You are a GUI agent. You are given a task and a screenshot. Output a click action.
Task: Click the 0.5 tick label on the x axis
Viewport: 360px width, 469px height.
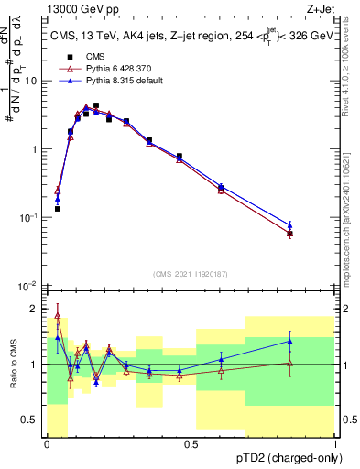click(191, 443)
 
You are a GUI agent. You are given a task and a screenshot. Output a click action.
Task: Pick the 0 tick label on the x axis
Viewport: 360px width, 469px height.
click(47, 443)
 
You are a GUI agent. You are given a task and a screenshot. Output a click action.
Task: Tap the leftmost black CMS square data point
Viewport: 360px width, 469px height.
click(58, 209)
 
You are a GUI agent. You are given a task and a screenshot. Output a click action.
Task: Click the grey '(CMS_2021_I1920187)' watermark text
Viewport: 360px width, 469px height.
click(191, 273)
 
